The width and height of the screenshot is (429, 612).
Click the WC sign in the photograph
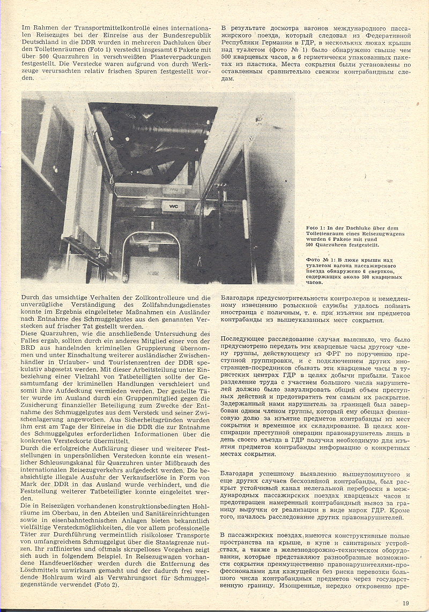[x=174, y=205]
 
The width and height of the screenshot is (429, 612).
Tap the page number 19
[x=406, y=603]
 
